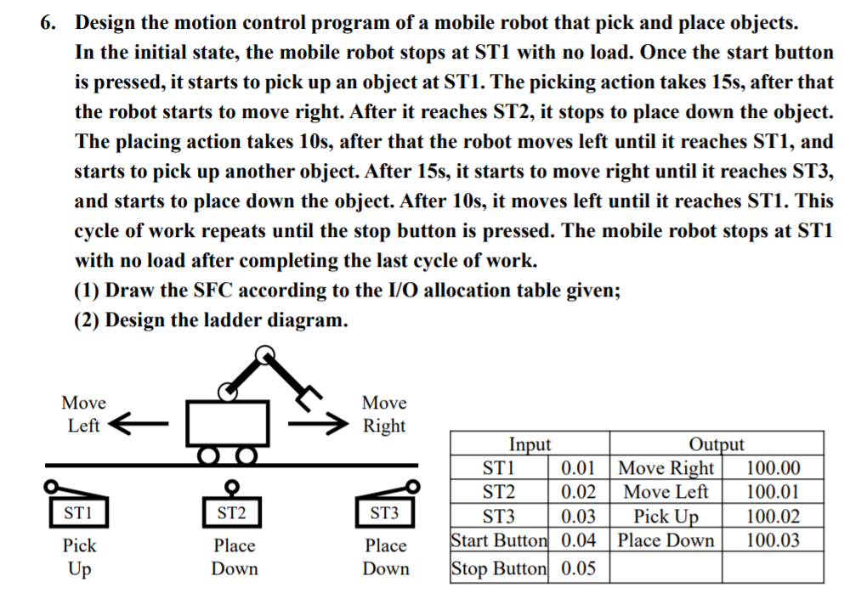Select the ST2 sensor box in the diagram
230,512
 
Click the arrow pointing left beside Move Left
136,422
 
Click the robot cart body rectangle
227,421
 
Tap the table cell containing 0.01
579,468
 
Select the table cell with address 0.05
579,568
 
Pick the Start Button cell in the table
500,540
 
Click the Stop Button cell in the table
500,568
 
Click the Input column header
530,444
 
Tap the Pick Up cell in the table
666,517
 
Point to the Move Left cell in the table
666,492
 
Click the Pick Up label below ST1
79,557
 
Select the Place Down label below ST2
234,557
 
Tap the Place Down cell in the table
666,540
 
